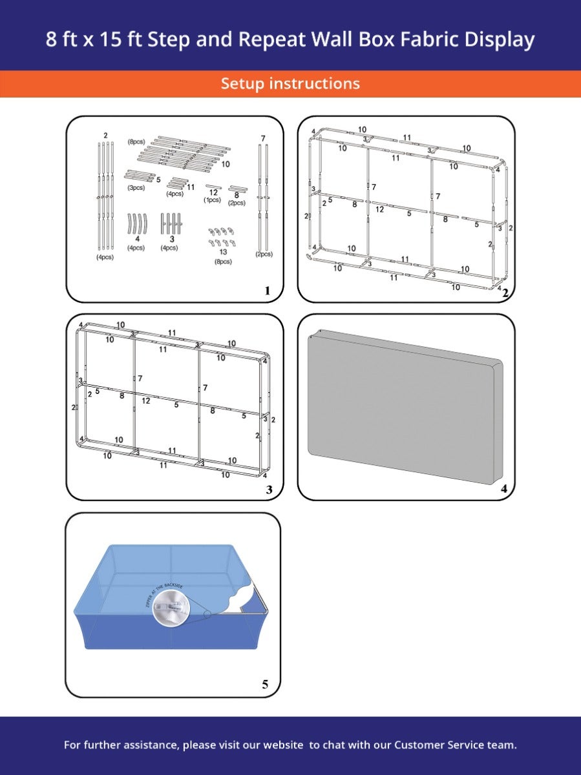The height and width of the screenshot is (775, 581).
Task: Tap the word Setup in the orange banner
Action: pyautogui.click(x=243, y=83)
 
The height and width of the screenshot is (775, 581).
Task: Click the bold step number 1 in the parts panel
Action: pyautogui.click(x=268, y=291)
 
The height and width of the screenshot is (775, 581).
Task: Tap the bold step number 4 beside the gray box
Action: pyautogui.click(x=504, y=489)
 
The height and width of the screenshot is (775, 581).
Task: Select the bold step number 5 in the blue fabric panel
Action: pyautogui.click(x=265, y=685)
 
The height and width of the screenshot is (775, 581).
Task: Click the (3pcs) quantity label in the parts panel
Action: pyautogui.click(x=136, y=188)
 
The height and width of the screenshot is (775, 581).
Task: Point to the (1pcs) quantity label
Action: pyautogui.click(x=212, y=200)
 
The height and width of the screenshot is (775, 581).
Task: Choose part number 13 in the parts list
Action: pyautogui.click(x=224, y=253)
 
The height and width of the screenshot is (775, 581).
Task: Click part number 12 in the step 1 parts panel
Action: pyautogui.click(x=213, y=192)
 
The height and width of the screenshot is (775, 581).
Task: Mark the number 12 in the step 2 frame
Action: pyautogui.click(x=379, y=209)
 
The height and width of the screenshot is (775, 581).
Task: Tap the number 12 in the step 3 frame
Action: pyautogui.click(x=146, y=401)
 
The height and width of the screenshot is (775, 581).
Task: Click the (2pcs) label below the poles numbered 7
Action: pyautogui.click(x=263, y=254)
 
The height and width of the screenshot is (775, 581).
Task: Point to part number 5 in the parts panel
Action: pyautogui.click(x=158, y=180)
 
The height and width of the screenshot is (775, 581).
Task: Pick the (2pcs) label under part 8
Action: pyautogui.click(x=237, y=203)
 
